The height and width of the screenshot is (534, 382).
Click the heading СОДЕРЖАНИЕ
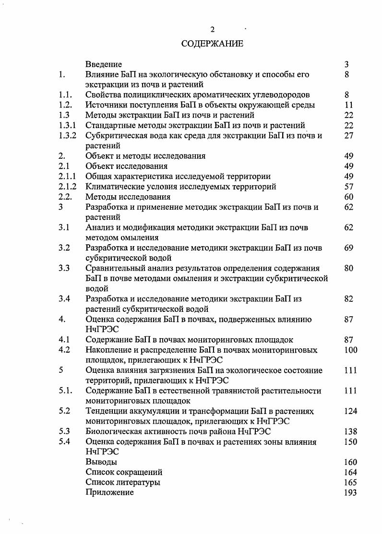tap(212, 44)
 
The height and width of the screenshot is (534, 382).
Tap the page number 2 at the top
tap(212, 30)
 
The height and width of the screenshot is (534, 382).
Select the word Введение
tap(103, 64)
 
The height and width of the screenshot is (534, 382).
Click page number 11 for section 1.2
tap(349, 105)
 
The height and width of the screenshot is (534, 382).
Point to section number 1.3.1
tap(68, 126)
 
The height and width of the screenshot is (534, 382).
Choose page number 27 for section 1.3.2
tap(349, 136)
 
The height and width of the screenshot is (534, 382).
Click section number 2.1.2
tap(68, 187)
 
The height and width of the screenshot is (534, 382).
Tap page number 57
tap(349, 187)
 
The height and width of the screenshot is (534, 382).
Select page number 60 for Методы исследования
tap(349, 197)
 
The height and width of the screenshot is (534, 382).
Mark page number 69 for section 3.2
tap(349, 248)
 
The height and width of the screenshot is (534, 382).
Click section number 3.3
tap(64, 268)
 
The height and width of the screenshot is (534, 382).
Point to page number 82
tap(349, 299)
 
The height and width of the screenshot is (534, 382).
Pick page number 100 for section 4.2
tap(351, 350)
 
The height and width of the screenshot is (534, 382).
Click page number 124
tap(351, 411)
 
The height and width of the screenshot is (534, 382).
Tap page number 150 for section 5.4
tap(351, 442)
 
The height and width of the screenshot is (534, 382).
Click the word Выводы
tap(101, 462)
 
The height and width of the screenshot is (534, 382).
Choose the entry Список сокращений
tap(124, 473)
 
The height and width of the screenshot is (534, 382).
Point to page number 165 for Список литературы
tap(351, 483)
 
